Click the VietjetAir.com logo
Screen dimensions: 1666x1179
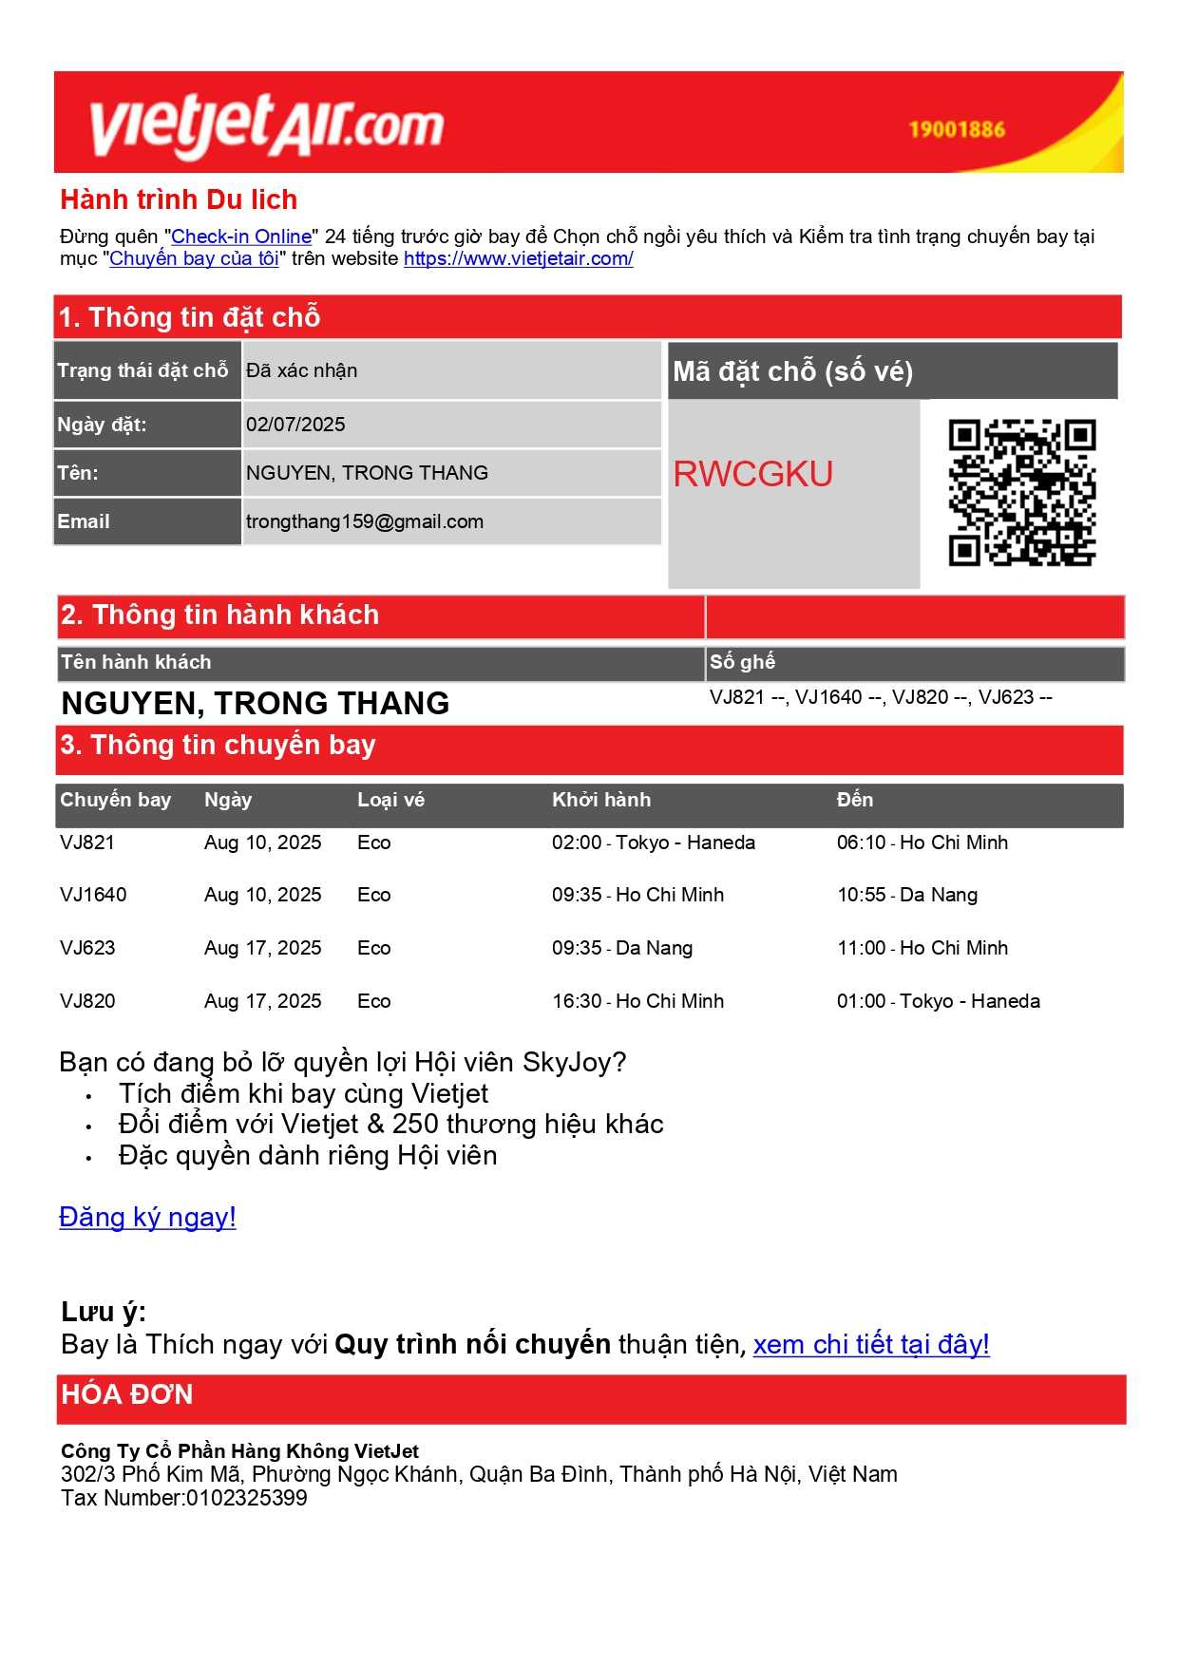point(266,125)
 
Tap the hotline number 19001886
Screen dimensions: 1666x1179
point(956,130)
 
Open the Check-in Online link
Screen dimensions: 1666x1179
point(241,237)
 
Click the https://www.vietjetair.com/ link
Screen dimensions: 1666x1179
point(518,258)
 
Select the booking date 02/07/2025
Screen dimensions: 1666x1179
point(295,425)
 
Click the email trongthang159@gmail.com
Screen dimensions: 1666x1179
point(365,521)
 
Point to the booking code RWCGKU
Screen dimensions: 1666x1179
point(752,474)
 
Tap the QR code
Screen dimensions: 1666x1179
point(1021,492)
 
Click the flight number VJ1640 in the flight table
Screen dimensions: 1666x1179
point(93,895)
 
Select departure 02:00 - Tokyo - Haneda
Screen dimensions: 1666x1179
point(654,842)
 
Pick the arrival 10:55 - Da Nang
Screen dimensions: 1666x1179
point(906,895)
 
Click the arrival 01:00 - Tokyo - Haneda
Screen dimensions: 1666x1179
point(938,1001)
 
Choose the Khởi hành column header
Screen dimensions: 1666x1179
point(601,800)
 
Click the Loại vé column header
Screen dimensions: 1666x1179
point(390,800)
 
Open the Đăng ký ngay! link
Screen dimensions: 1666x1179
point(147,1218)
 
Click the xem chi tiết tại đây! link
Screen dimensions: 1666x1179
point(871,1344)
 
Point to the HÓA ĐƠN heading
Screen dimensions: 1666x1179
point(127,1394)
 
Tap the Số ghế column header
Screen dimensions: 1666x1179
point(742,662)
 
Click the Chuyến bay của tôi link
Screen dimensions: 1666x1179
point(194,258)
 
